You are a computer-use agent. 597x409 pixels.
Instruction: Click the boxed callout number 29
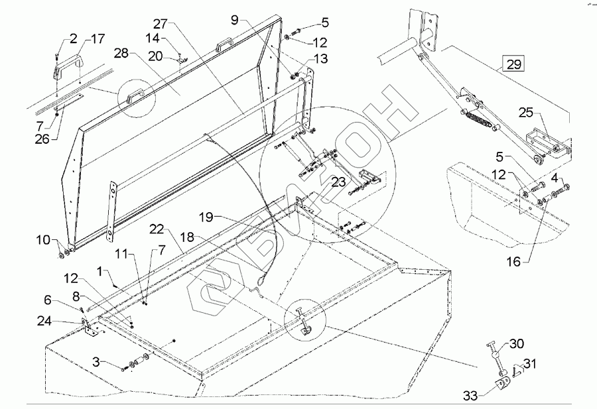[x=515, y=64]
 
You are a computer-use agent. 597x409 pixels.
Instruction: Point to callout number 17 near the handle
[x=98, y=39]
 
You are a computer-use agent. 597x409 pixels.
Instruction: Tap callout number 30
[x=517, y=343]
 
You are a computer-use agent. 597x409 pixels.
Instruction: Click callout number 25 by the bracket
[x=525, y=113]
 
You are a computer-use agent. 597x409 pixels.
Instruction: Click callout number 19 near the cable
[x=204, y=217]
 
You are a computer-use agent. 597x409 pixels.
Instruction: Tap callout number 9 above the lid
[x=234, y=20]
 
